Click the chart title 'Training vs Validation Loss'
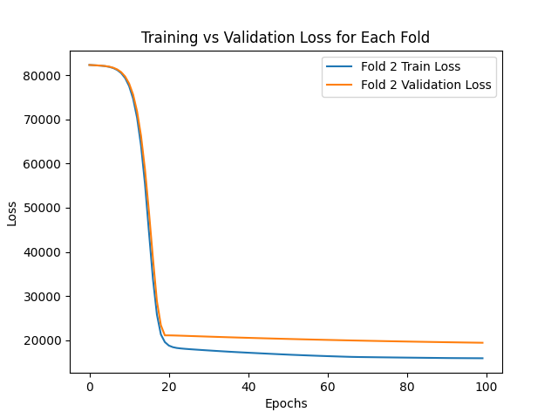click(x=285, y=38)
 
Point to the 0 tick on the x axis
click(x=90, y=387)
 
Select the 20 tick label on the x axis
click(x=169, y=387)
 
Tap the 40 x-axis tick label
click(x=248, y=387)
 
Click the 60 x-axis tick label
click(x=328, y=387)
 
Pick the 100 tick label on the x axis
click(x=487, y=387)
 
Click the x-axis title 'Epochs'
click(x=285, y=403)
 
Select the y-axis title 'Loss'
click(x=12, y=212)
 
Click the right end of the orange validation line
click(x=482, y=342)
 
